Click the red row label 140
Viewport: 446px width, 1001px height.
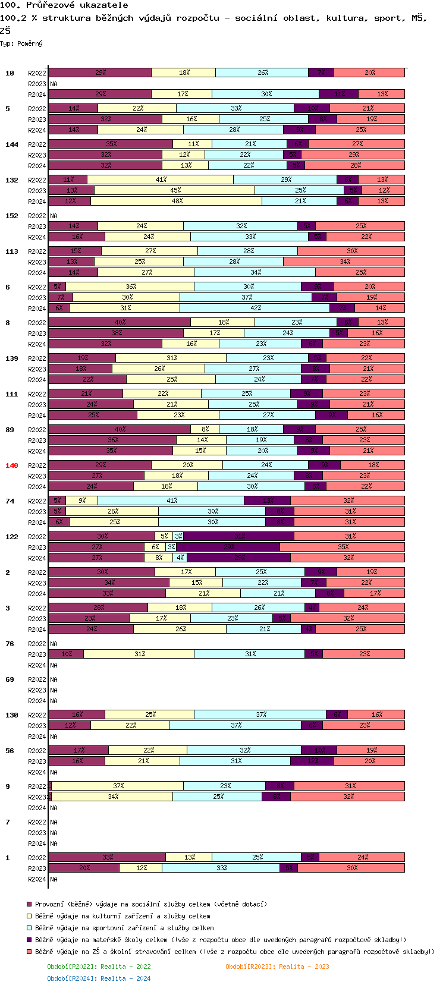click(x=12, y=465)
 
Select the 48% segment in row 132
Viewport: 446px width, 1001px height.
click(x=177, y=201)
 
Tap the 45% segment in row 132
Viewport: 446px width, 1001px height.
click(x=175, y=190)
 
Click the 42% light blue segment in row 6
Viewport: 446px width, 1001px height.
click(x=255, y=308)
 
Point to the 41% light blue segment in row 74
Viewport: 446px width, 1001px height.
click(x=171, y=501)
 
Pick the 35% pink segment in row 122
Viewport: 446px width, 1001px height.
click(x=343, y=547)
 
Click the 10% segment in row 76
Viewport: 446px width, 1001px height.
click(x=66, y=654)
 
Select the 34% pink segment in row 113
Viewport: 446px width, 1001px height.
click(x=344, y=262)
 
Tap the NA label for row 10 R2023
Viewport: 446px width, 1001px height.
click(x=54, y=84)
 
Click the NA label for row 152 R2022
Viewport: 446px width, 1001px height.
click(x=54, y=216)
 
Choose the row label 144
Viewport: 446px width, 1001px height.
click(x=12, y=144)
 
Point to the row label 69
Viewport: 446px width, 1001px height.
click(x=10, y=679)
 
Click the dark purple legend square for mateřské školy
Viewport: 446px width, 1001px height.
click(x=29, y=940)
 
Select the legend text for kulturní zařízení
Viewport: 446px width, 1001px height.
click(x=123, y=916)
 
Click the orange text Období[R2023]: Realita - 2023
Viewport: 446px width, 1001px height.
click(x=277, y=967)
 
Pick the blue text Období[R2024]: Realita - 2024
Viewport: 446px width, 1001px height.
click(x=99, y=978)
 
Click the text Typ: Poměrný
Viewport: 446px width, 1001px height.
click(x=21, y=43)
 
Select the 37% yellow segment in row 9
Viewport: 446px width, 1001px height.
click(x=118, y=786)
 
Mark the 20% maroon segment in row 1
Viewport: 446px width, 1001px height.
click(x=84, y=868)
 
